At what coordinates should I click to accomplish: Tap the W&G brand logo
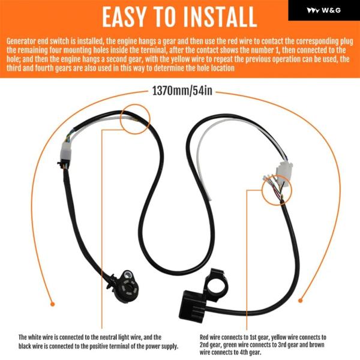[323, 10]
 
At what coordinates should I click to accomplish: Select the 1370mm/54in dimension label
[182, 91]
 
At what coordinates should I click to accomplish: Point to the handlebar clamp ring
[214, 279]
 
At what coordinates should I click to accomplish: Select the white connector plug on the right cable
[284, 170]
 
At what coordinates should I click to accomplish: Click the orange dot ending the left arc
[53, 304]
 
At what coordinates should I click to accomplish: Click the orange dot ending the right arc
[301, 301]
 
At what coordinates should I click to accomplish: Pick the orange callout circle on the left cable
[135, 104]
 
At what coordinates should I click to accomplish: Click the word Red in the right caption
[204, 337]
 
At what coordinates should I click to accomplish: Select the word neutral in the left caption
[109, 337]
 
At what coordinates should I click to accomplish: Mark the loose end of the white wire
[211, 200]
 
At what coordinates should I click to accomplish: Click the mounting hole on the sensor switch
[127, 274]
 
